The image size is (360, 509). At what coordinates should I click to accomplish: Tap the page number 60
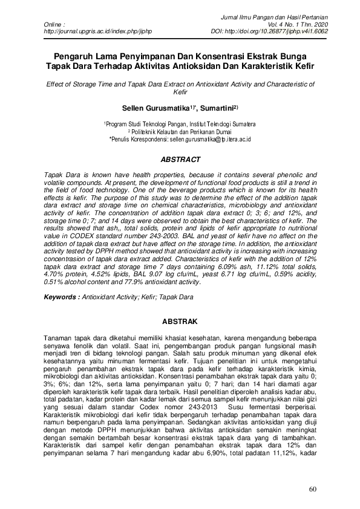click(312, 489)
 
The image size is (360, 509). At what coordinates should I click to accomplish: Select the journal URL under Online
click(98, 30)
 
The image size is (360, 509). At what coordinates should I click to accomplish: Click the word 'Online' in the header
click(55, 23)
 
